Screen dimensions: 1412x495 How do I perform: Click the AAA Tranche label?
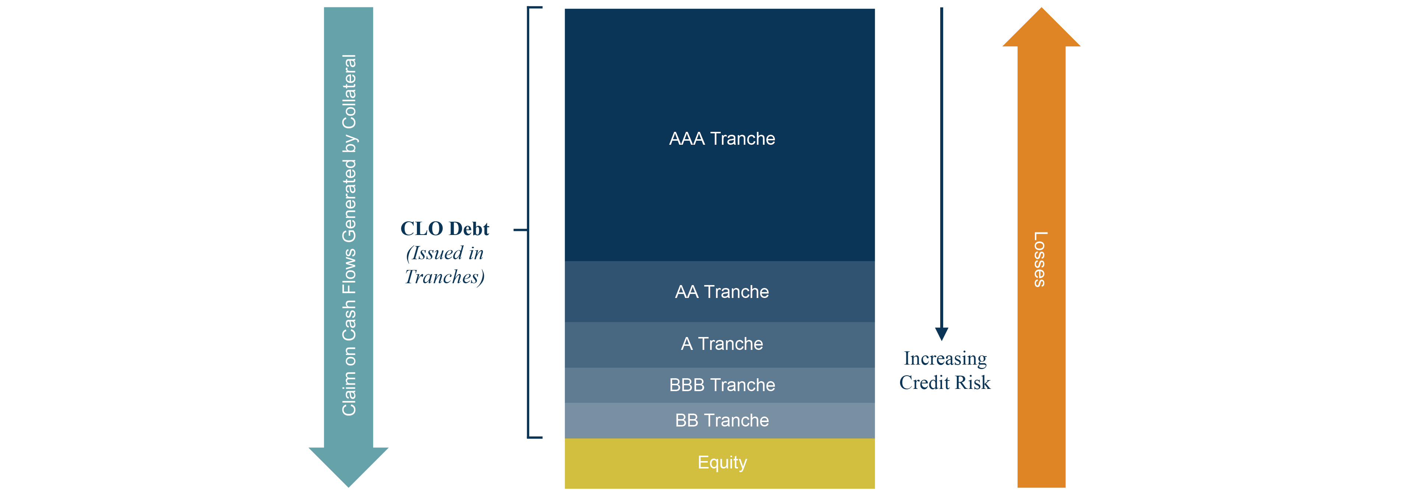[x=722, y=139]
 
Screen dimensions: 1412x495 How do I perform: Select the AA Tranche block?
[x=720, y=292]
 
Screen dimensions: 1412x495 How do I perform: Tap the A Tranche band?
[x=720, y=345]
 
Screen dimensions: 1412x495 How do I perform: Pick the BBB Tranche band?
[x=720, y=385]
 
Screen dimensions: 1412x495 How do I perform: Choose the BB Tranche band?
[x=720, y=421]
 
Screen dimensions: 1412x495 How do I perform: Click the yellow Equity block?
[x=720, y=463]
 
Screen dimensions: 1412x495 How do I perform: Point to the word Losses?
[x=1040, y=259]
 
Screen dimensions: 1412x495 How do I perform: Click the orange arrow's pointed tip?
[x=1042, y=8]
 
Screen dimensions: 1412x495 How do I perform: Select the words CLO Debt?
[x=445, y=229]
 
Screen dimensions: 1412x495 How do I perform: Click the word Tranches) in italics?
[x=445, y=277]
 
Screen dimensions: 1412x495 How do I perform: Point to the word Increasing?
[x=945, y=358]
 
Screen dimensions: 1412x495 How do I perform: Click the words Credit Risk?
[x=945, y=383]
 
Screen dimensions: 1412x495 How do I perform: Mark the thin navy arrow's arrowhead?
[x=942, y=334]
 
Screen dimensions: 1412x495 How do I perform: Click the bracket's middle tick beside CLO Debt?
[x=521, y=230]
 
